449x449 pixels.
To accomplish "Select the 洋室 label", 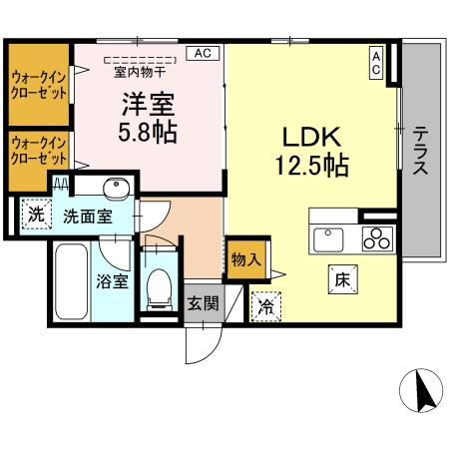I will tap(148, 103).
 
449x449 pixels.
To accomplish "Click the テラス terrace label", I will tap(421, 150).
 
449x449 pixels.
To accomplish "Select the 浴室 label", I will tap(112, 280).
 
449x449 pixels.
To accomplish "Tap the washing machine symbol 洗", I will tap(36, 213).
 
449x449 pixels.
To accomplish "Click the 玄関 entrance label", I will tap(203, 303).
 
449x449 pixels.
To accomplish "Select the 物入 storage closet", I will tap(245, 259).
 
